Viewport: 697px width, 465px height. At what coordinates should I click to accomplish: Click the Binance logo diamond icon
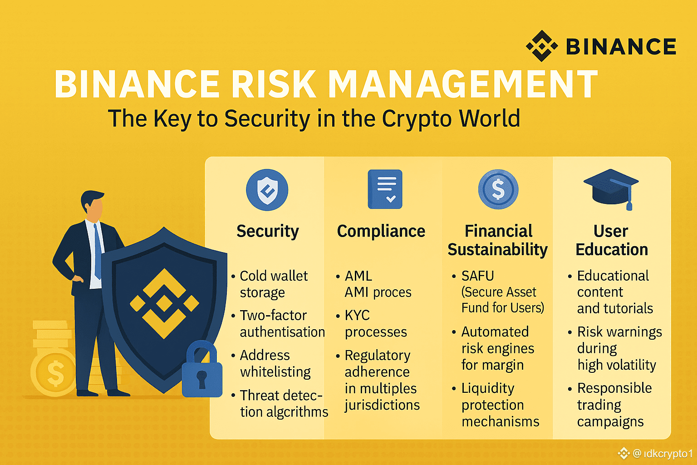pos(542,46)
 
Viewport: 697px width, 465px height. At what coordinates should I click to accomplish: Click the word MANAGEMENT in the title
pos(463,84)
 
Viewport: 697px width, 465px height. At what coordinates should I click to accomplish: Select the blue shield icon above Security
pos(267,190)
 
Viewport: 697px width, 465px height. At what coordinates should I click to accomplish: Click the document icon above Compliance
pos(385,189)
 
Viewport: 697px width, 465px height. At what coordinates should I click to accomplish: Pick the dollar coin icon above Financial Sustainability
pos(498,189)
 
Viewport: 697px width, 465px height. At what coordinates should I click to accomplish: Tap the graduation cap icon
pos(611,188)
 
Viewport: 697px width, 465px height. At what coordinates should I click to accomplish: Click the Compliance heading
pos(381,231)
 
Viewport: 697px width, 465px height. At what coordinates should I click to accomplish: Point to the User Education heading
pos(611,240)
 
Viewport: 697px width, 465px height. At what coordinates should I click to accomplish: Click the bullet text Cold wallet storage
pos(273,284)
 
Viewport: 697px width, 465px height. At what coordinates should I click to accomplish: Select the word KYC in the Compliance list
pos(357,315)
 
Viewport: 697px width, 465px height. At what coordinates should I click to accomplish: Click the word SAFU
pos(477,276)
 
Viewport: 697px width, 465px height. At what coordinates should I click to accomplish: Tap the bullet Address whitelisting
pos(275,363)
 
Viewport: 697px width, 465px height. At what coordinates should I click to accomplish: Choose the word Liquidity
pos(488,388)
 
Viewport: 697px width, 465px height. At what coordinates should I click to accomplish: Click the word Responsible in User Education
pos(614,388)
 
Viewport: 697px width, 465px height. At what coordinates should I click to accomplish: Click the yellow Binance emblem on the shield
pos(164,303)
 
